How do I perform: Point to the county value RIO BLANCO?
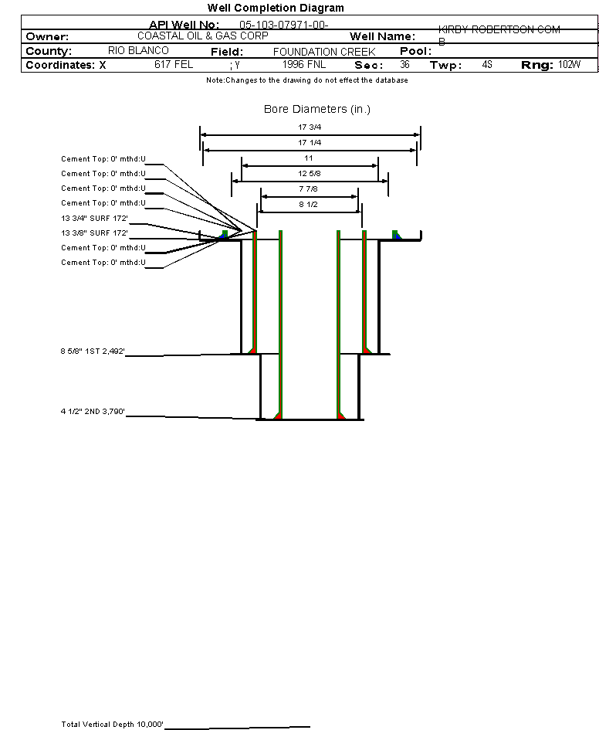[138, 50]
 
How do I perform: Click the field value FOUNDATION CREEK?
[324, 52]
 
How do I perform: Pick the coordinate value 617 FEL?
[174, 65]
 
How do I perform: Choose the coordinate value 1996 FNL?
[304, 65]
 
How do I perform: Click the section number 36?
[404, 65]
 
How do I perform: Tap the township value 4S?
[486, 65]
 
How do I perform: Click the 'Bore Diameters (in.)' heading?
[317, 110]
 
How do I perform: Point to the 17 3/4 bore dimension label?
[310, 127]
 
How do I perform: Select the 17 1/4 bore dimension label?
[310, 143]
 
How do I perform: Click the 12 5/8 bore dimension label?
[310, 174]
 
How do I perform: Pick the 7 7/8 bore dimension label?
[310, 189]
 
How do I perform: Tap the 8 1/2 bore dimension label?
[310, 205]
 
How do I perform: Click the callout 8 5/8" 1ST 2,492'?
[93, 351]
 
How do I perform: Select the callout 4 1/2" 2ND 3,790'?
[93, 412]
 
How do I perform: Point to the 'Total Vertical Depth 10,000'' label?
[113, 724]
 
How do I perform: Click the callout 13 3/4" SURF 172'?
[94, 218]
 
